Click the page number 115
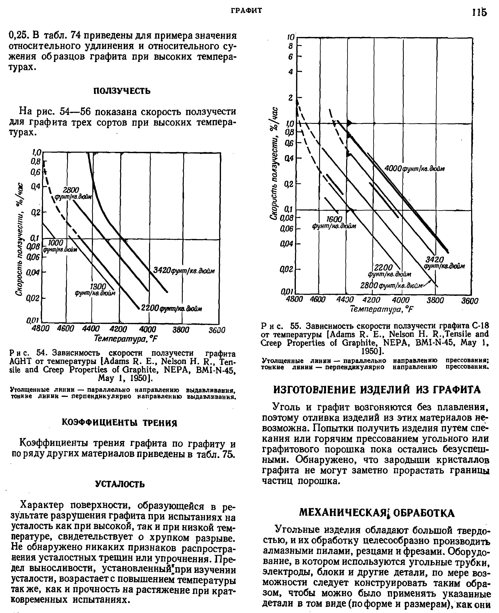pyautogui.click(x=479, y=13)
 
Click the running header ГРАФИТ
pyautogui.click(x=247, y=11)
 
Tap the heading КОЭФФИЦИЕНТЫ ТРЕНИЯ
pyautogui.click(x=120, y=423)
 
